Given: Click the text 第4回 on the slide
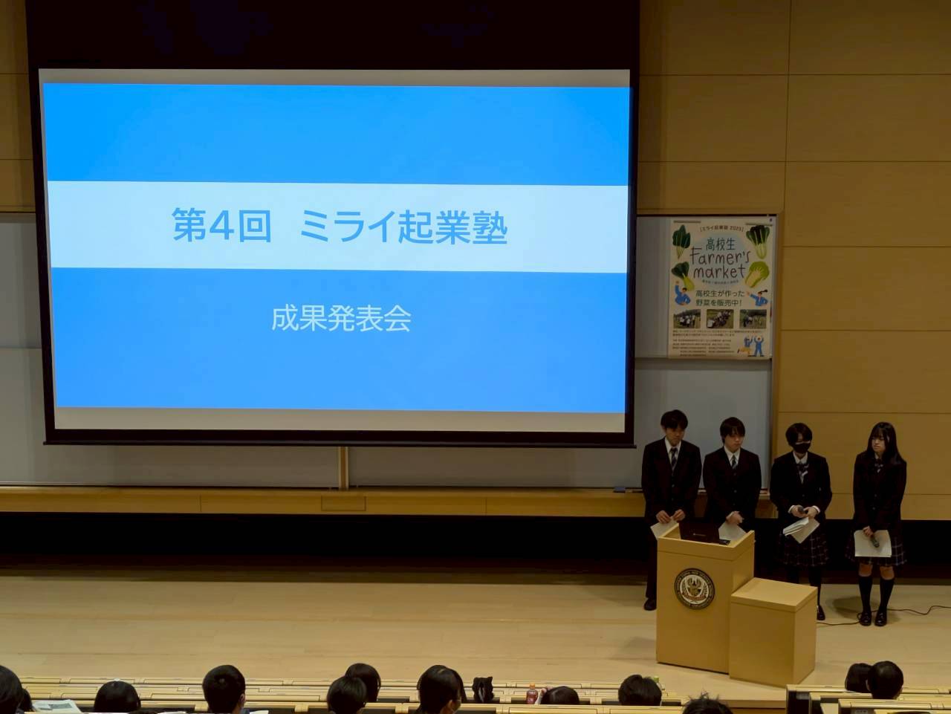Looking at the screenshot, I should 221,227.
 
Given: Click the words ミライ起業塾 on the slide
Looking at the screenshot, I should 403,227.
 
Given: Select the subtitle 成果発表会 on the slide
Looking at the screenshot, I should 341,320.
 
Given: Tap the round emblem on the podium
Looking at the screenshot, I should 695,588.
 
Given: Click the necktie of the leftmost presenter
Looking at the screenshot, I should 672,458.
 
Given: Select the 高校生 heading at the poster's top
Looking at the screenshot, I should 720,239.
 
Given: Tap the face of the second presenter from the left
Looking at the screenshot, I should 732,437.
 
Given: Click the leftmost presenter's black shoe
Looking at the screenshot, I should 650,603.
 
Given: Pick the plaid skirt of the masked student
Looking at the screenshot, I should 808,548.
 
